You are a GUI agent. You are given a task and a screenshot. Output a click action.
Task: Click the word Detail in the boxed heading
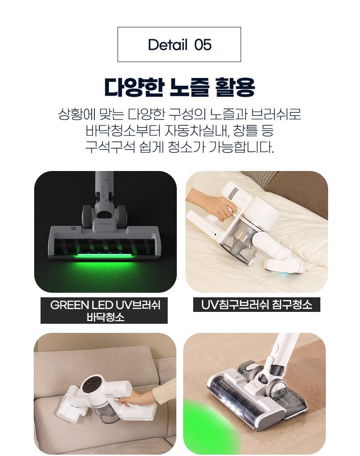tap(168, 45)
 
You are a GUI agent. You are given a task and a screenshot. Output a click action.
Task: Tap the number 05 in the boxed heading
tap(203, 45)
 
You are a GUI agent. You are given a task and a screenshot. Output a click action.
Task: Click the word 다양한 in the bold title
tap(134, 87)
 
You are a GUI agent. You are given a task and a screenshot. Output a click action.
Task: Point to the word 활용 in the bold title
tap(235, 87)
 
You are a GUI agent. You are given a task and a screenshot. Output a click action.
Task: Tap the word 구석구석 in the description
tap(110, 147)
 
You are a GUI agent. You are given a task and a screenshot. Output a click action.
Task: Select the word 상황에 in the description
tap(77, 114)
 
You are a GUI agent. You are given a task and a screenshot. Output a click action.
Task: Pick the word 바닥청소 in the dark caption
tap(105, 316)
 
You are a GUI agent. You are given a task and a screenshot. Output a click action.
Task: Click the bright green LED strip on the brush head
tap(104, 256)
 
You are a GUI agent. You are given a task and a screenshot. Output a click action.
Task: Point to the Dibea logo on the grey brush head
tap(104, 223)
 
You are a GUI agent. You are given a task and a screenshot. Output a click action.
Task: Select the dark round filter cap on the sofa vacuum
tap(91, 384)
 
